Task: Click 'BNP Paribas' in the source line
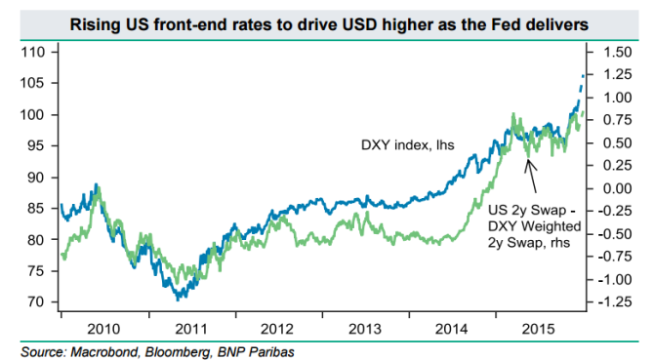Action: (x=243, y=348)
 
